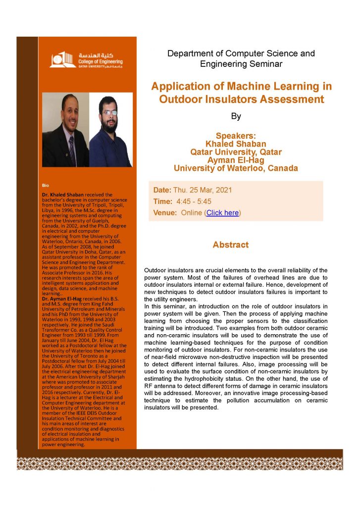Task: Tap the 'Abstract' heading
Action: coord(230,245)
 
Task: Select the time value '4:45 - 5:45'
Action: coord(190,202)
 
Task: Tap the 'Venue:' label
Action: coord(165,213)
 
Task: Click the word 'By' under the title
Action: coord(236,117)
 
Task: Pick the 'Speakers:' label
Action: coord(236,136)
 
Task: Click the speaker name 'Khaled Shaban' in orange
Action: coord(236,144)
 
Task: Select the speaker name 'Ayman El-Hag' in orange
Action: coord(236,160)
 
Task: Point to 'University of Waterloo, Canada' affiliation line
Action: coord(236,168)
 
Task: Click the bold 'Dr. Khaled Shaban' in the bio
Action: coord(63,195)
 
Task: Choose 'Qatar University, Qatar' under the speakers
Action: coord(236,152)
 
